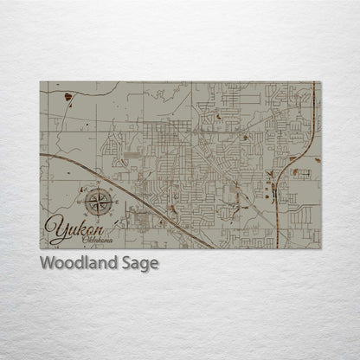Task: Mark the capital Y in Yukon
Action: [x=55, y=229]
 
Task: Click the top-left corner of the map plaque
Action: [x=40, y=82]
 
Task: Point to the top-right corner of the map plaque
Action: [x=321, y=82]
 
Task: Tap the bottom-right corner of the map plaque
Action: [x=321, y=249]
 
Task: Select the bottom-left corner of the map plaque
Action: [x=40, y=249]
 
